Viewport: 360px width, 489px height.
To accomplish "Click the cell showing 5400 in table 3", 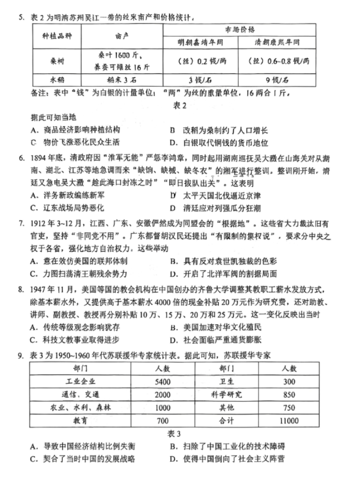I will (162, 382).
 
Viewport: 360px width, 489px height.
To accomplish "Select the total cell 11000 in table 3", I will (289, 420).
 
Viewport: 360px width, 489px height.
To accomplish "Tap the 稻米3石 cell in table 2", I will (123, 80).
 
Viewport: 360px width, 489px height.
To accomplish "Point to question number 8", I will (22, 288).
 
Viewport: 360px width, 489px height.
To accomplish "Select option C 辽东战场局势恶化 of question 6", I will (68, 208).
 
